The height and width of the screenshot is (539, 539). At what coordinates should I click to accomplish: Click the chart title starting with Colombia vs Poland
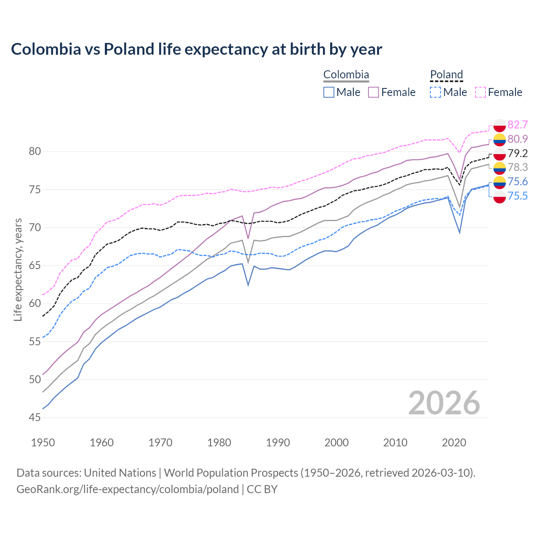196,49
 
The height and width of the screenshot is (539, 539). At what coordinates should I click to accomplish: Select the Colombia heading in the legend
346,75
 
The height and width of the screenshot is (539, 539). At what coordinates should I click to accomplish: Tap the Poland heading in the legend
446,75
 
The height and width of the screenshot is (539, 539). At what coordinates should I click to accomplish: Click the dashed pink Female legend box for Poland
480,92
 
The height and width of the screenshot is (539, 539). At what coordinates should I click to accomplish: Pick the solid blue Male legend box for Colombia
329,92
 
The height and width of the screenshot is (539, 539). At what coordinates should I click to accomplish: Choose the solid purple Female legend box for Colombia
374,92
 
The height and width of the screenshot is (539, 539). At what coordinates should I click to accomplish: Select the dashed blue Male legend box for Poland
435,92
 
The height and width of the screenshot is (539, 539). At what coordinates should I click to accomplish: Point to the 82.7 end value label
518,125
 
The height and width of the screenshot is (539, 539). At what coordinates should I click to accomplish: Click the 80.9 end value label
518,139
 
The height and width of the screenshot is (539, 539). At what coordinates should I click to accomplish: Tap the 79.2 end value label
518,153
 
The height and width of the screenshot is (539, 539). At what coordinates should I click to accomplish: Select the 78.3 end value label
518,167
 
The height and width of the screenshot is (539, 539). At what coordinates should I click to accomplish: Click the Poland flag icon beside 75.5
499,196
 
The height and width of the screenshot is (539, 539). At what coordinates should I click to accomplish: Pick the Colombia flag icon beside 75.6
499,182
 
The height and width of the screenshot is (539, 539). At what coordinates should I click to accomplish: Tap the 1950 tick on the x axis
43,443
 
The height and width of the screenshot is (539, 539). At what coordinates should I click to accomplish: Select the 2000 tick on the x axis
336,443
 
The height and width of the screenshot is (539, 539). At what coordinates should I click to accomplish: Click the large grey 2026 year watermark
444,403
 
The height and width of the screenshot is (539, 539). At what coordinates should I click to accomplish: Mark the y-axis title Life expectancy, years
18,269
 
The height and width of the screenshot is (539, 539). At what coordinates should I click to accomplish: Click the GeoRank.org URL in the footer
128,489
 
